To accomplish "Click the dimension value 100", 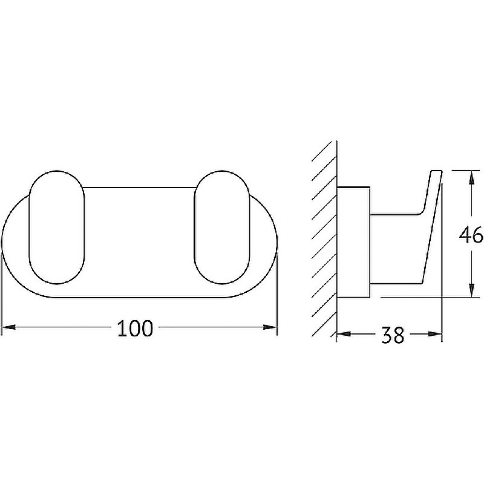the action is point(135,328).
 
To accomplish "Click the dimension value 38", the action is point(393,335).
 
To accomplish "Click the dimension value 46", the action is point(471,235).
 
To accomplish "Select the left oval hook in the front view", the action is point(56,227).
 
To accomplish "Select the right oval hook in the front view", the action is point(222,227).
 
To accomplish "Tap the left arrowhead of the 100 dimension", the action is point(8,327).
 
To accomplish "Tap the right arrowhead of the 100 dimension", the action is point(270,327).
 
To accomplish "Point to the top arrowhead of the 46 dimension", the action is point(471,177).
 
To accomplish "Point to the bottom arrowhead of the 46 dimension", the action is point(471,290).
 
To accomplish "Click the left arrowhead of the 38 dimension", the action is point(344,334).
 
